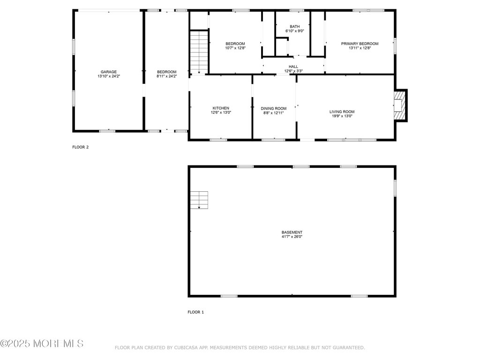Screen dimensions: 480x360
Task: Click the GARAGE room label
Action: [109, 72]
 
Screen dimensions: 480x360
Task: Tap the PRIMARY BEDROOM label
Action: [360, 44]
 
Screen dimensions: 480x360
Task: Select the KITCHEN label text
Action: [221, 108]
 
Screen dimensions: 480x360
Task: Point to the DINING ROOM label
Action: [274, 108]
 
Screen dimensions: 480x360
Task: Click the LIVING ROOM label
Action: [342, 112]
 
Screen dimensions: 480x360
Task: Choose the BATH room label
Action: [295, 27]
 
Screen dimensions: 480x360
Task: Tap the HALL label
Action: [293, 67]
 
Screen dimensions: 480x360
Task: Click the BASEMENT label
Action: [292, 232]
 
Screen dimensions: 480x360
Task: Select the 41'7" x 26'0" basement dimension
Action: [292, 237]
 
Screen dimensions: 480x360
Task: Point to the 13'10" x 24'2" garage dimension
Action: [109, 76]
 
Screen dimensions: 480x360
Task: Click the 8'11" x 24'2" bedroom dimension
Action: [167, 76]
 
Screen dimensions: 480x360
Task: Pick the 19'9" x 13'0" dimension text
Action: [342, 116]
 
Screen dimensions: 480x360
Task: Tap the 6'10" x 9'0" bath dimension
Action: [295, 31]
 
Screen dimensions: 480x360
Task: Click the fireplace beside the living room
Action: [400, 105]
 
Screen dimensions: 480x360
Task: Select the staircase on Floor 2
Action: [199, 52]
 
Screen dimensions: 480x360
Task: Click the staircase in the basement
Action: [199, 200]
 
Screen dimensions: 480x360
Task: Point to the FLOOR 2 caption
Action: [81, 147]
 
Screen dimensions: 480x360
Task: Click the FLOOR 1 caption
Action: [195, 312]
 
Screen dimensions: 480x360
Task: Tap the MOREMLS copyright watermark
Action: [42, 344]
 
